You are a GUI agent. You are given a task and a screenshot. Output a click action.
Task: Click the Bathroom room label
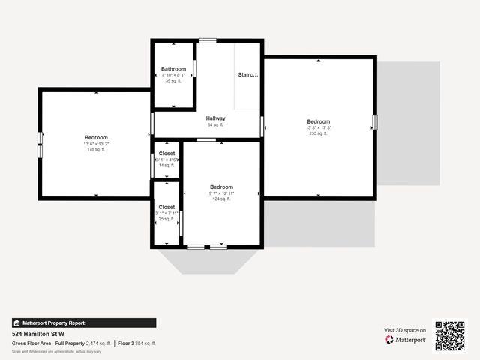173,69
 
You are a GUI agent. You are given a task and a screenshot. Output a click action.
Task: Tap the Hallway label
216,118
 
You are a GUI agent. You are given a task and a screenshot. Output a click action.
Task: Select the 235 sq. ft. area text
318,133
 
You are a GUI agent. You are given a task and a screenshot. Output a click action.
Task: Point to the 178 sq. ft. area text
96,150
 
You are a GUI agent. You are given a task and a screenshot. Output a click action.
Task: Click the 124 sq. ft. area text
221,199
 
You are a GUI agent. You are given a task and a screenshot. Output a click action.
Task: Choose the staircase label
248,75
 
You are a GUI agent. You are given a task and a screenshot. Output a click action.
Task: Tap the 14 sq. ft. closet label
166,165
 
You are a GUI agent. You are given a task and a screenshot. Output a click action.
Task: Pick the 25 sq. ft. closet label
166,219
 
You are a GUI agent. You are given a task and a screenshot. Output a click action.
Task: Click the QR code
450,336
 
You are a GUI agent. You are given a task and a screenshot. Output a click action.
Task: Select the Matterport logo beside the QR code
406,340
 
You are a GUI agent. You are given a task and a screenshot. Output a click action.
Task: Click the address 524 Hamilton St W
38,334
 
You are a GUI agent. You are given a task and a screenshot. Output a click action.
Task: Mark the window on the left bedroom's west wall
40,144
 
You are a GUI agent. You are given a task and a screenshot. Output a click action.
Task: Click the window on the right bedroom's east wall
374,121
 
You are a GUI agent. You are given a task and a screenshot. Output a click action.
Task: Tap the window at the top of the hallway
208,40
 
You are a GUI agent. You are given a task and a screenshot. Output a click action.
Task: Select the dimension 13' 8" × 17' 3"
318,127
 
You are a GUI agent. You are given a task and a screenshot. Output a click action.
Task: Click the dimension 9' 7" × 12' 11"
221,193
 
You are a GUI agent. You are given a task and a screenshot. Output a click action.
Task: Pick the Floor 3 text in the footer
127,343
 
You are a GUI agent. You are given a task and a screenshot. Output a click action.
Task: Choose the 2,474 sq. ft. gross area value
97,343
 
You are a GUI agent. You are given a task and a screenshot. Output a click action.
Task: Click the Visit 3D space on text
405,330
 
